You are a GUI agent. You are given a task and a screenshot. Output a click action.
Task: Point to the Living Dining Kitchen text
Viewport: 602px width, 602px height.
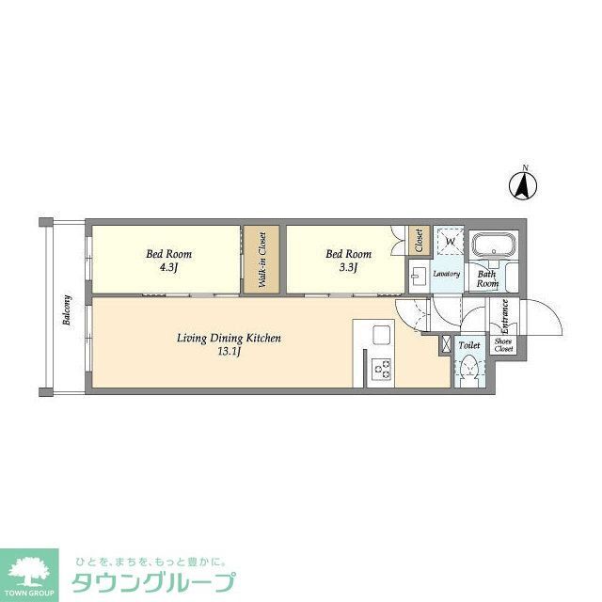(230, 338)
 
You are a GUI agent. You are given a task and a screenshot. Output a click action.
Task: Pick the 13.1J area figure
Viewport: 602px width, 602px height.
(230, 352)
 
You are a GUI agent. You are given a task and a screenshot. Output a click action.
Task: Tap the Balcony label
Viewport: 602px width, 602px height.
(67, 311)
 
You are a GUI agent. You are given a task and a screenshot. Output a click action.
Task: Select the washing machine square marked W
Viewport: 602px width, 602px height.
(451, 242)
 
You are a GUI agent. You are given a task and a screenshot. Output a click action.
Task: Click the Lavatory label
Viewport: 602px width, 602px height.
(446, 275)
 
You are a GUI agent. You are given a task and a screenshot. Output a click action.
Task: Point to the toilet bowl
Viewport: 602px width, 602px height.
(469, 371)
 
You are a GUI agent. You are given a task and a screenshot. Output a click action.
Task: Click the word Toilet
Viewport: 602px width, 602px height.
(468, 346)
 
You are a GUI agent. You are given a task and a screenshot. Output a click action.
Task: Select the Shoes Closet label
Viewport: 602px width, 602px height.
(503, 345)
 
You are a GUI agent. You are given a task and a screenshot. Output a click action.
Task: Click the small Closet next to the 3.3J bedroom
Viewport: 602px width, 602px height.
(420, 241)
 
